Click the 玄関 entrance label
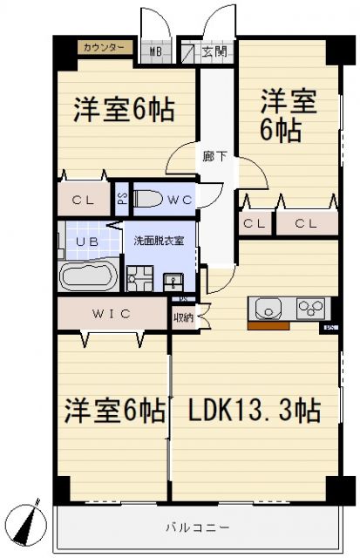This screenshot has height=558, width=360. tap(214, 51)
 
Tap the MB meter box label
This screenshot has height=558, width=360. tap(156, 51)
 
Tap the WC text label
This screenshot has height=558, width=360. tap(180, 200)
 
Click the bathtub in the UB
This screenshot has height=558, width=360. tap(87, 276)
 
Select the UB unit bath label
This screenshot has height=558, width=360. tap(86, 242)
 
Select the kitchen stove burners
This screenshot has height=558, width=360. tap(309, 308)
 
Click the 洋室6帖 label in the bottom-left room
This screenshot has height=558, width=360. tap(113, 410)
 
